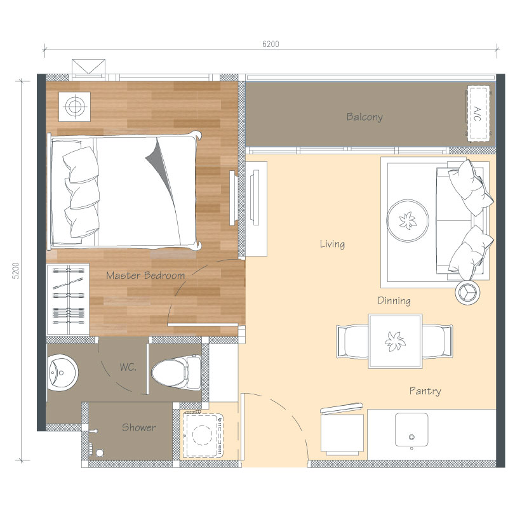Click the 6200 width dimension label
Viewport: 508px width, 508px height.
click(271, 44)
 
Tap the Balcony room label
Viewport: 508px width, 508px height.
click(364, 117)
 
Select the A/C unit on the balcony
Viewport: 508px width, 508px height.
click(478, 114)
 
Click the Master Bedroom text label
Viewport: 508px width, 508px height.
click(145, 276)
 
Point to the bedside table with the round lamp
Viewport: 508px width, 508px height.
click(74, 106)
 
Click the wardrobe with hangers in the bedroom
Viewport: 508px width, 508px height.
click(68, 300)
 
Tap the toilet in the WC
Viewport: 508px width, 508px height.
click(177, 372)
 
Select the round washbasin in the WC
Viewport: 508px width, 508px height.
click(62, 373)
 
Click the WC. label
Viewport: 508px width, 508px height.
click(128, 367)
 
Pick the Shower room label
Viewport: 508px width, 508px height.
click(138, 427)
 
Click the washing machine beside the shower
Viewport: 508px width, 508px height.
click(203, 434)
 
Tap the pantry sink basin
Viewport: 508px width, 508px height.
click(411, 430)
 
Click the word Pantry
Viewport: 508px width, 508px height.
click(425, 391)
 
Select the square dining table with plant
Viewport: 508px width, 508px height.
click(395, 341)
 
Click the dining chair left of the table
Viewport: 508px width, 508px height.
click(352, 341)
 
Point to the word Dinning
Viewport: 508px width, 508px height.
click(394, 300)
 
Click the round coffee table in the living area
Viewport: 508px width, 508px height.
click(408, 220)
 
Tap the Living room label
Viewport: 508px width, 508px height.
click(332, 244)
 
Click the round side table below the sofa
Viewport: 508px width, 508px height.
click(467, 291)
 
